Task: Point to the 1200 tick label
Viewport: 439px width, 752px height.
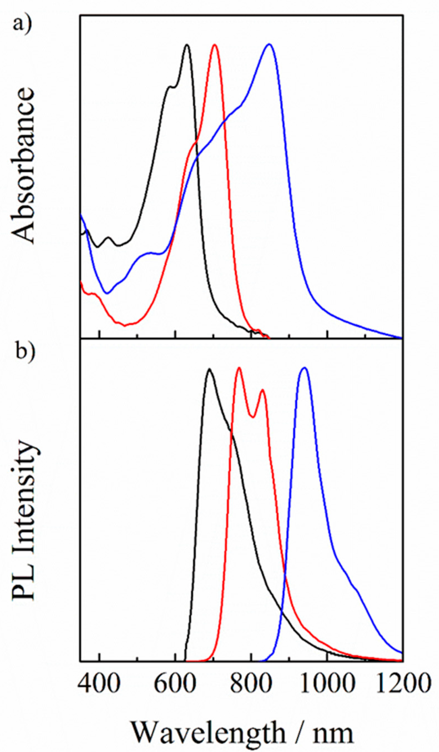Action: (x=403, y=684)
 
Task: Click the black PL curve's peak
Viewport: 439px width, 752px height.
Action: (x=210, y=369)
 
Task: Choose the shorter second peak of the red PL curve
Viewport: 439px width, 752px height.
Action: (x=262, y=390)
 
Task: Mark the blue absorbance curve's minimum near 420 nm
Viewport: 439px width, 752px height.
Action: (x=107, y=293)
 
